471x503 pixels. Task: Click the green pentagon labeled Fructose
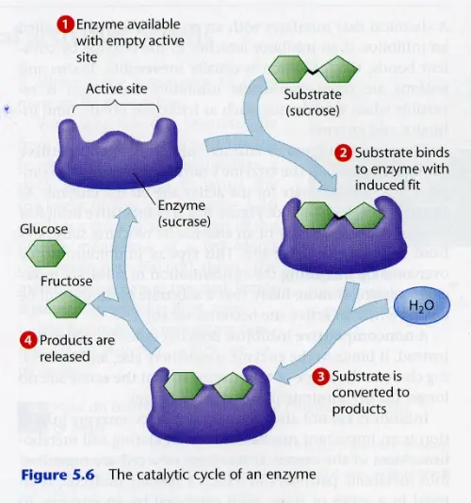66,304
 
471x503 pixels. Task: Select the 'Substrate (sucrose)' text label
317,104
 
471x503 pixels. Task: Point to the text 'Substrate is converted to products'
366,392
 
